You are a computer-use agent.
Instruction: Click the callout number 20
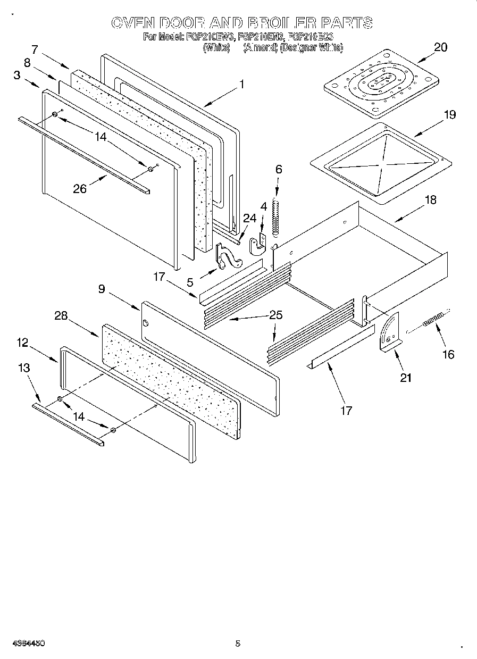click(x=440, y=47)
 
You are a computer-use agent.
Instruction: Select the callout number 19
click(x=449, y=114)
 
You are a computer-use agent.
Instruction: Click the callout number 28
click(x=61, y=315)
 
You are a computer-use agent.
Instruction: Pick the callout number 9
click(x=101, y=289)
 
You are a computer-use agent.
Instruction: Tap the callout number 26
click(x=80, y=188)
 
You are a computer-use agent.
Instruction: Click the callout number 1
click(x=241, y=84)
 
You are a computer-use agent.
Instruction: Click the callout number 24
click(x=249, y=218)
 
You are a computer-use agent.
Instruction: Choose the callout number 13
click(x=23, y=368)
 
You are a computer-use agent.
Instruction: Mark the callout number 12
click(x=22, y=343)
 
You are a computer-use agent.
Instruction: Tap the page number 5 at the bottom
click(x=238, y=644)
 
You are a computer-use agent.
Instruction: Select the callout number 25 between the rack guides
click(x=275, y=314)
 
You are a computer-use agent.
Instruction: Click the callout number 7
click(x=35, y=49)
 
